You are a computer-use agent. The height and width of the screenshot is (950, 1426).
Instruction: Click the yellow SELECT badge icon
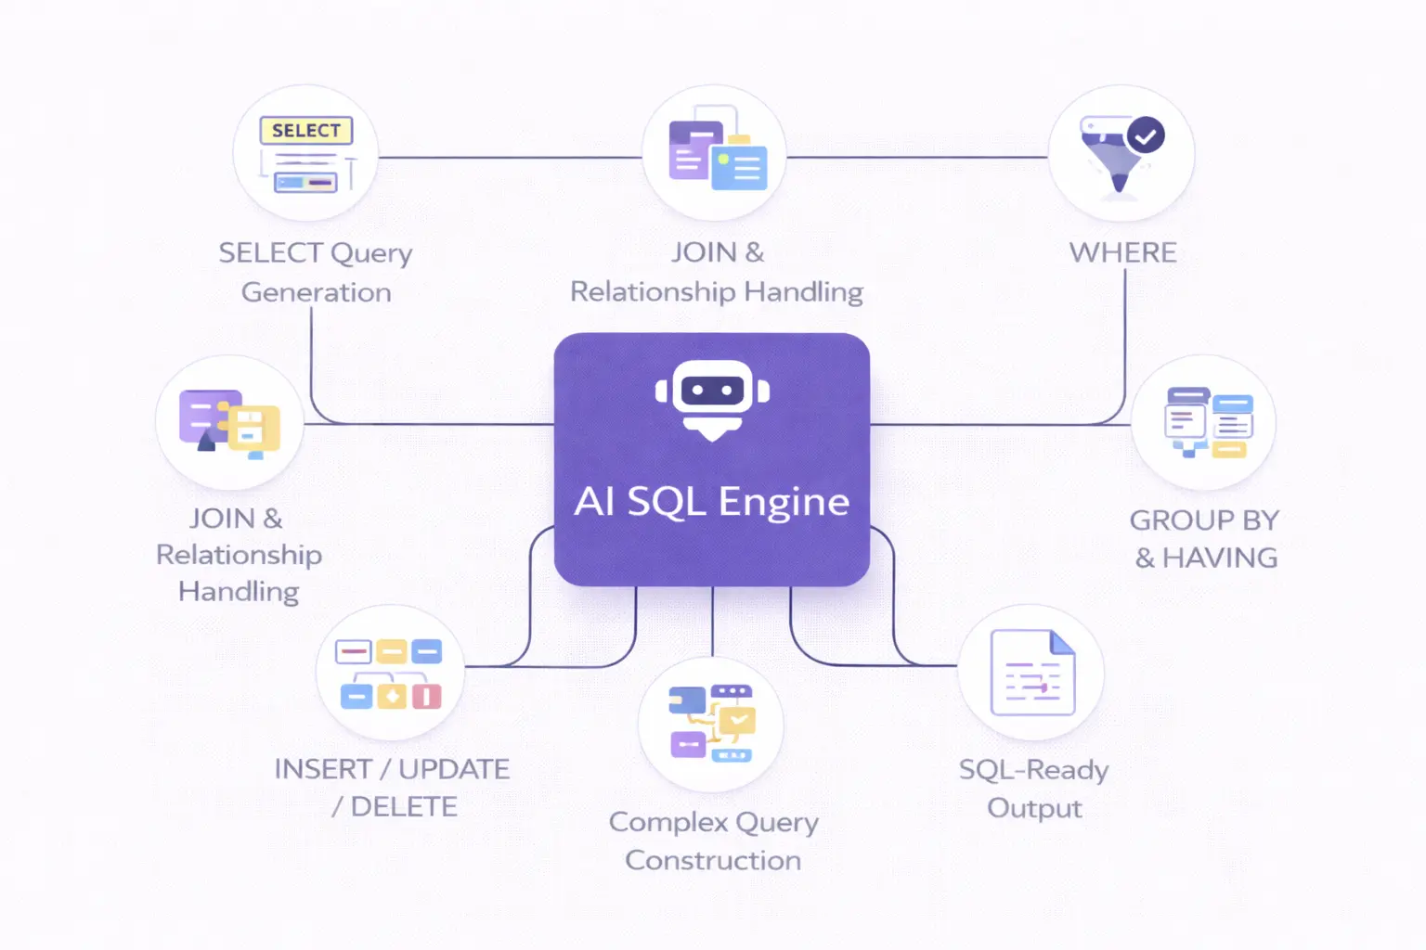tap(306, 131)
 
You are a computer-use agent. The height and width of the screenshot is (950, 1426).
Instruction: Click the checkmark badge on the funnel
tap(1146, 136)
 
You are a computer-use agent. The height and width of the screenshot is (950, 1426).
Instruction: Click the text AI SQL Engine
tap(712, 502)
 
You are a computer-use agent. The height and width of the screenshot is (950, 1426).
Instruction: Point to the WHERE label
tap(1122, 252)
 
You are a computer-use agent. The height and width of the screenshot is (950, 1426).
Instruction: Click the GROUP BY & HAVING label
tap(1205, 539)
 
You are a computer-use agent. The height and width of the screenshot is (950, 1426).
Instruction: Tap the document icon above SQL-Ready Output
tap(1032, 673)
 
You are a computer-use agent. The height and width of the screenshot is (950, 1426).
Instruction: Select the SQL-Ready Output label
tap(1034, 789)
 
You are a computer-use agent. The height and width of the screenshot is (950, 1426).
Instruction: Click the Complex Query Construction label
tap(713, 841)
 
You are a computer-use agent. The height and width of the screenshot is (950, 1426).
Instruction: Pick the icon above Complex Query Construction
tap(712, 724)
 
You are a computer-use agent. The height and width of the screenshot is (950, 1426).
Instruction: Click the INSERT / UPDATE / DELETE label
tap(393, 788)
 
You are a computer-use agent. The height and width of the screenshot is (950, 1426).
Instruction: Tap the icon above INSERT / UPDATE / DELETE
tap(390, 674)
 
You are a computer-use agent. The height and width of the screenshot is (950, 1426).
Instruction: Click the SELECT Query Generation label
tap(316, 272)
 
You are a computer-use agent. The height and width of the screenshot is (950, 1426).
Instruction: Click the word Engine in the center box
tap(784, 502)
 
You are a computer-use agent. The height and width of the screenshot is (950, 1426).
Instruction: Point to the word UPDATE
tap(454, 769)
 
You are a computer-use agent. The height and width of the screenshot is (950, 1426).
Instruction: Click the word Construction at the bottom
tap(713, 861)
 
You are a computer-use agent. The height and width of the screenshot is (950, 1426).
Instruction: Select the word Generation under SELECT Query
tap(316, 292)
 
